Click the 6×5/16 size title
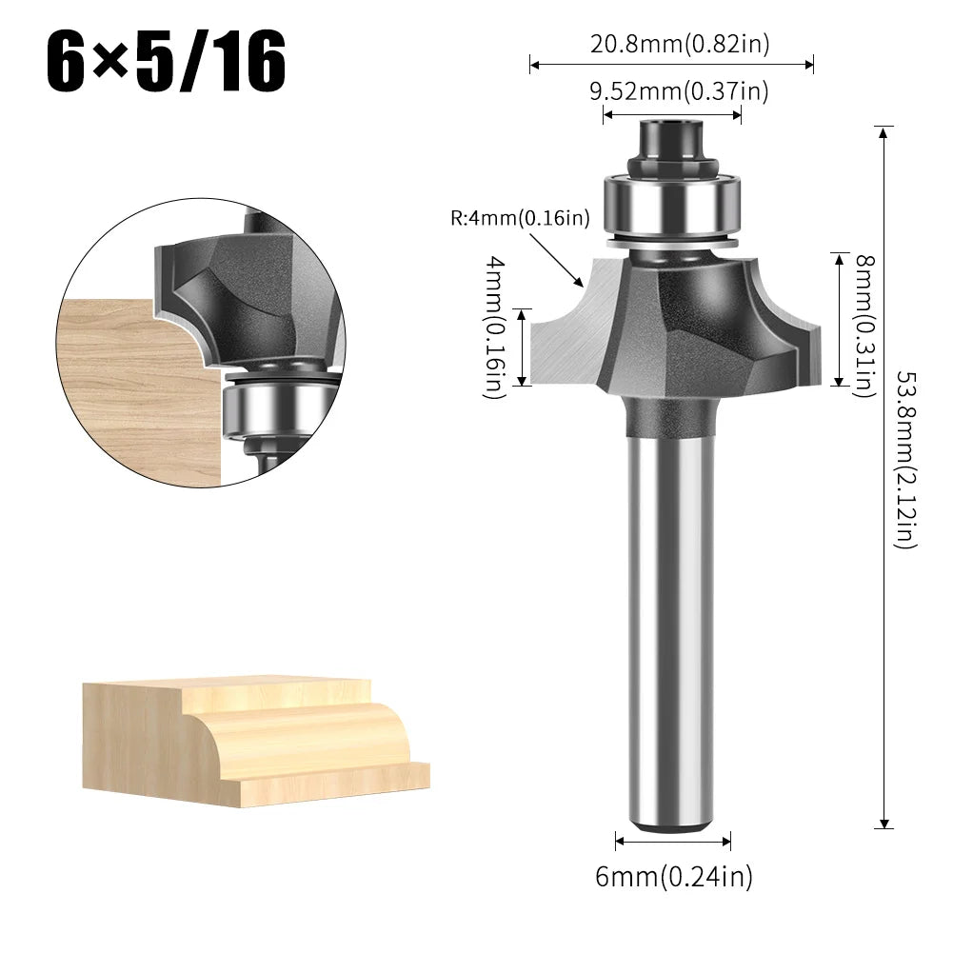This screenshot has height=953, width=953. click(167, 61)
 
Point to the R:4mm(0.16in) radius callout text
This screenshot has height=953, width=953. click(520, 218)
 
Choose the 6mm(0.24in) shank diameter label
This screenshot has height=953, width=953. click(673, 876)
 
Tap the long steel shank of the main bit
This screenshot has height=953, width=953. click(671, 619)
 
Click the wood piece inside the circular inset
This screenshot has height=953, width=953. click(124, 390)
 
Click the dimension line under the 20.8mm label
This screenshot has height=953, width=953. click(671, 65)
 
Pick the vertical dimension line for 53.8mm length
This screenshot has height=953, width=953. click(884, 476)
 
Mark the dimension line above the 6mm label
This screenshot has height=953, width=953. click(673, 841)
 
